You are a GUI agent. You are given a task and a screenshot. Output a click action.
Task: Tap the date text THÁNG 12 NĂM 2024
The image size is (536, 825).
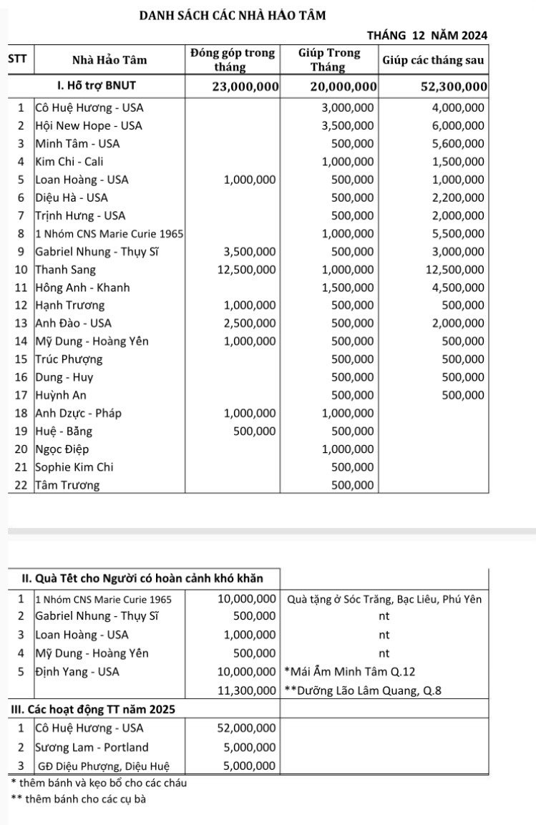coord(427,34)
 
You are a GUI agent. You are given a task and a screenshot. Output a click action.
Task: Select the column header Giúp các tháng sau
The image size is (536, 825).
coord(434,59)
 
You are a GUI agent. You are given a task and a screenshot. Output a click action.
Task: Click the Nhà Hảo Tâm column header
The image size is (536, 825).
coord(110,59)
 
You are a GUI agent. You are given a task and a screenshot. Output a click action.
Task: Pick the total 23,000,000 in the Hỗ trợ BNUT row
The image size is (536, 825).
coord(245,87)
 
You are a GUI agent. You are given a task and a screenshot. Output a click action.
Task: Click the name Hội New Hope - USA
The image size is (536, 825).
coord(89,125)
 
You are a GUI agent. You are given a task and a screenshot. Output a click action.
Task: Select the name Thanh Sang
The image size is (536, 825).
coord(65,270)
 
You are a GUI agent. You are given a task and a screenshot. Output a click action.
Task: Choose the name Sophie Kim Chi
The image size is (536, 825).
coord(74,467)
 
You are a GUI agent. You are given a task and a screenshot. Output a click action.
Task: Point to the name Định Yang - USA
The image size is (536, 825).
coord(77,671)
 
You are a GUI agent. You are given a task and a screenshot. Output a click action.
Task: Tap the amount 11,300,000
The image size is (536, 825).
coord(247,690)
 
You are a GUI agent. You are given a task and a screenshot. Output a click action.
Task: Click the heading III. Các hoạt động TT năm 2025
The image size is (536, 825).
coord(94,709)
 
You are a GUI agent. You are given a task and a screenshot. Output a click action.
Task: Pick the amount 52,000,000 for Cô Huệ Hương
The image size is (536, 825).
coord(247,728)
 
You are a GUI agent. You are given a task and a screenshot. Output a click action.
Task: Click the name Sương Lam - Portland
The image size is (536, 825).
coord(92,747)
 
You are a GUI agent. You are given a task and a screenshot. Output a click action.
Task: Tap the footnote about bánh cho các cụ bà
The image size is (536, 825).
coord(79,799)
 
